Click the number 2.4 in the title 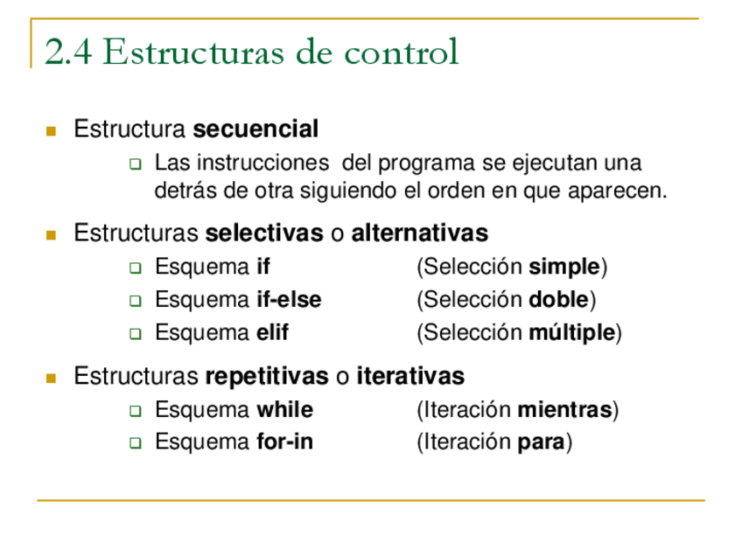[68, 52]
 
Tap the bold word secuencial [255, 130]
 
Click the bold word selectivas [264, 233]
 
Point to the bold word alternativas [419, 233]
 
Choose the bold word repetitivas [267, 377]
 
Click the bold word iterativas [410, 377]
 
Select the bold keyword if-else [289, 300]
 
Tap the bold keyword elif [272, 333]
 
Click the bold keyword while [284, 410]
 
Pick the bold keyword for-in [284, 442]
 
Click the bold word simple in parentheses [564, 267]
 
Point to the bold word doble [558, 300]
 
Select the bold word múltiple [572, 333]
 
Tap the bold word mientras [564, 410]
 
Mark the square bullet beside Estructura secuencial [51, 131]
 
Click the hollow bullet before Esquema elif [136, 334]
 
